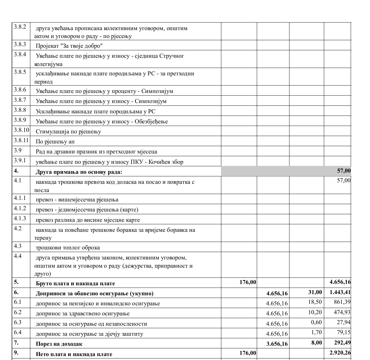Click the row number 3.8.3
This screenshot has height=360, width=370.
[20, 44]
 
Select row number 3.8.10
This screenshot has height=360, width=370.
[21, 130]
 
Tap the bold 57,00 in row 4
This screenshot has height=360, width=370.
[344, 171]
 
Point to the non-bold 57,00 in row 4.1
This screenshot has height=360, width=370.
[344, 180]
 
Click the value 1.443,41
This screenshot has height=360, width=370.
[340, 293]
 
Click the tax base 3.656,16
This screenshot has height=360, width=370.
[277, 344]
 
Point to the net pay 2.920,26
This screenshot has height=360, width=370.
[340, 353]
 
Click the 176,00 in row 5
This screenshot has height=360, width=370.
[248, 282]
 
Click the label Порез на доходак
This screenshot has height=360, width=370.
[59, 344]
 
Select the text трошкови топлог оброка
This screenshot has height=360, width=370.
[68, 248]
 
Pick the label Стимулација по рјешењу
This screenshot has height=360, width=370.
[68, 132]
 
